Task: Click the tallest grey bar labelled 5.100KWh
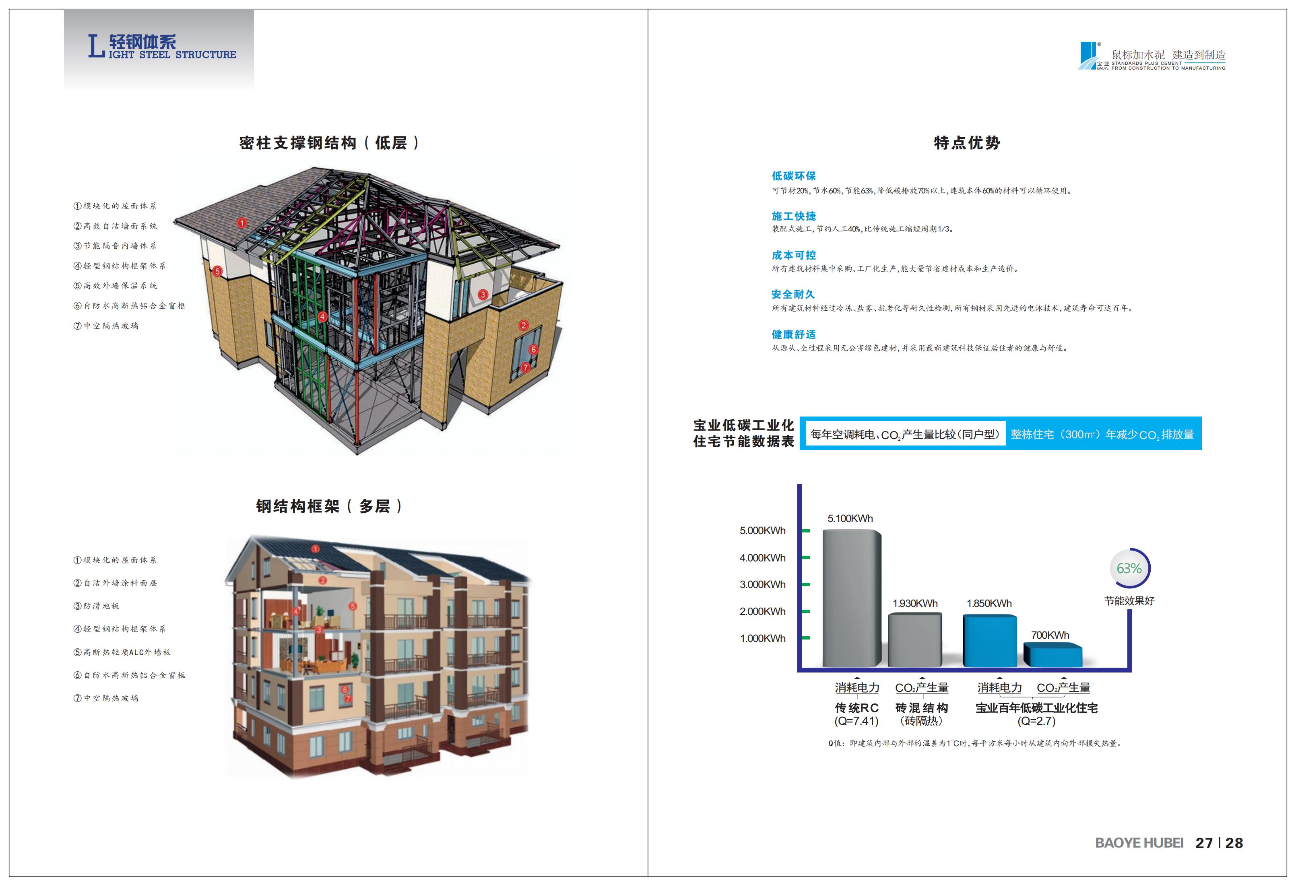click(852, 598)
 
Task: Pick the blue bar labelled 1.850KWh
click(990, 641)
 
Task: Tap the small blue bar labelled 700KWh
click(1053, 655)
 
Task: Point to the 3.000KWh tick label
click(762, 584)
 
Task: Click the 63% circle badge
click(1129, 568)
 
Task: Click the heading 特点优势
click(967, 143)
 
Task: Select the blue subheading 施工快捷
click(794, 216)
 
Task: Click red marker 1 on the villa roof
click(241, 223)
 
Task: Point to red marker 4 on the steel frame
click(322, 316)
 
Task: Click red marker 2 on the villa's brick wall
click(523, 325)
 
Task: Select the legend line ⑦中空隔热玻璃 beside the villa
click(106, 326)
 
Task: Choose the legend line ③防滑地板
click(96, 606)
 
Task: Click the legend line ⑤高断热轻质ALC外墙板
click(122, 652)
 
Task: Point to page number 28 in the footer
click(1234, 843)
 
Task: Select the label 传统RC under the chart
click(856, 708)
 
